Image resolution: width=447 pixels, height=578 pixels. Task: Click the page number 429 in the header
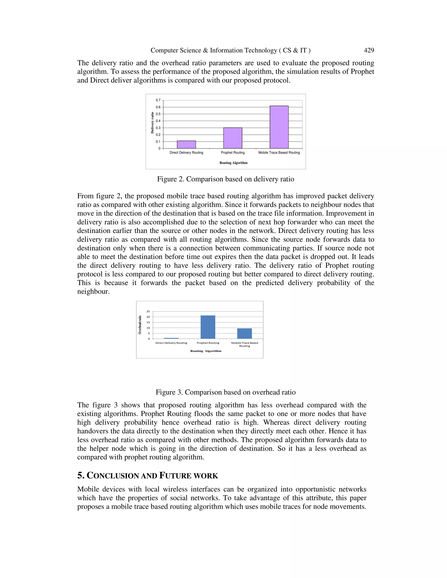pos(369,50)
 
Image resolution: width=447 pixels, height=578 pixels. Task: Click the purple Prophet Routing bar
pos(233,138)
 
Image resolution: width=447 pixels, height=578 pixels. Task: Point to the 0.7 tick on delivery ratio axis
pos(158,100)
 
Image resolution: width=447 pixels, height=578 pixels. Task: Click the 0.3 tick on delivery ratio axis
pos(158,128)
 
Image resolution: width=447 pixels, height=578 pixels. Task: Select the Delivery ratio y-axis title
pos(152,123)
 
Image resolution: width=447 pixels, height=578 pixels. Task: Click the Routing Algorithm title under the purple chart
pos(233,163)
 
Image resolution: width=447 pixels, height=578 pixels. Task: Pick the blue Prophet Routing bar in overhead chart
pos(208,327)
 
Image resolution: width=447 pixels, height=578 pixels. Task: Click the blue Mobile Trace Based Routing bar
pos(244,333)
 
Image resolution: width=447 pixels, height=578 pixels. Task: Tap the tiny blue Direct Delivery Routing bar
pos(171,338)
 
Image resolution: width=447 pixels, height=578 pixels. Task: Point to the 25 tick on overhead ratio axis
pos(148,311)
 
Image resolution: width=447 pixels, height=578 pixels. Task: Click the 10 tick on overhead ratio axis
pos(148,328)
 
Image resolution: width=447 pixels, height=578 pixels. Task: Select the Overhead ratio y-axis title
pos(140,325)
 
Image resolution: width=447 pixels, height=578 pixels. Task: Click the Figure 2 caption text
pos(226,179)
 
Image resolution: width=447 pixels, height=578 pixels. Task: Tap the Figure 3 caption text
pos(226,392)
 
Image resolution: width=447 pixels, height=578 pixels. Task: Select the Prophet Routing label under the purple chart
pos(233,153)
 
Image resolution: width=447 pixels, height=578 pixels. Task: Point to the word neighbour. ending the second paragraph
pos(93,292)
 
